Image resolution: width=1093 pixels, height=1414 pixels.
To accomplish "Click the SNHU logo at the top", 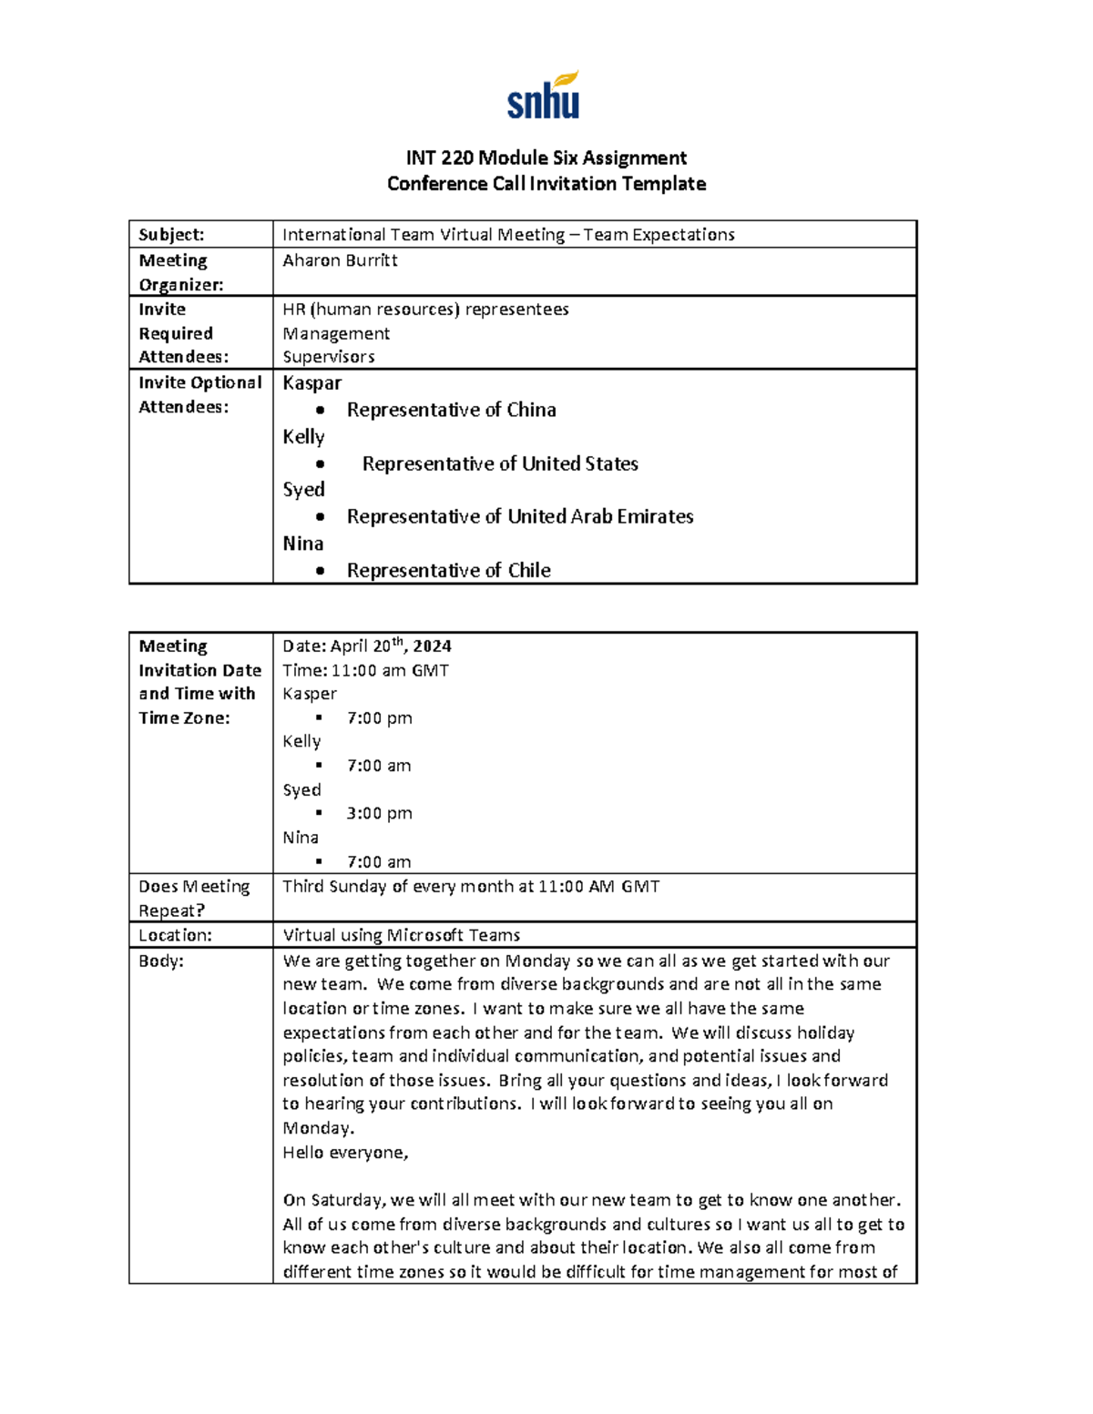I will (x=543, y=97).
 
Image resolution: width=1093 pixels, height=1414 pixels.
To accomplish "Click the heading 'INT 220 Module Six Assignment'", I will (x=546, y=158).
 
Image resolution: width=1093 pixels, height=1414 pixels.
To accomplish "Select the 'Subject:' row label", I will (x=171, y=235).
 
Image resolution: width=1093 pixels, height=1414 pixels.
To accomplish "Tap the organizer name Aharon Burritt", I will (x=340, y=260).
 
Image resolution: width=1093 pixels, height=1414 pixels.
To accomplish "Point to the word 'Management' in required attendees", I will (x=336, y=333).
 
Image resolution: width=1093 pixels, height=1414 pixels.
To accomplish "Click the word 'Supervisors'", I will (x=328, y=357).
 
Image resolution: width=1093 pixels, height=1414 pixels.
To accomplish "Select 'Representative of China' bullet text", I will (x=451, y=410).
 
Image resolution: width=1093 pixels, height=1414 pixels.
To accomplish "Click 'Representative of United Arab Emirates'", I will (x=519, y=516).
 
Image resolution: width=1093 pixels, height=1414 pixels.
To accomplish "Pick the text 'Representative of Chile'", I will (x=448, y=570).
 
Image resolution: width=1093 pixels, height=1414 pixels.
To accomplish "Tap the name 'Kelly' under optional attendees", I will (x=303, y=437).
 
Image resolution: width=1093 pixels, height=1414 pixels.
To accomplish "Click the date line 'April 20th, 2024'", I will (x=367, y=646).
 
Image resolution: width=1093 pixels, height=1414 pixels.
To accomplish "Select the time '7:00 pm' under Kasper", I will (x=379, y=717).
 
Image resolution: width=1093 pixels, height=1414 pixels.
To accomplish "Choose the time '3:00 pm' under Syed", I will (x=379, y=813).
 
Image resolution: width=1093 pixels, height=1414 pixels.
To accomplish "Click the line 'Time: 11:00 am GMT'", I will (x=365, y=670).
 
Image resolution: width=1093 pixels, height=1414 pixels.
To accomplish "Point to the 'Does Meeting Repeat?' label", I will (x=193, y=898).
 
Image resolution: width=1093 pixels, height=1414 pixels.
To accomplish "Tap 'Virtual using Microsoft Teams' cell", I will (x=401, y=935).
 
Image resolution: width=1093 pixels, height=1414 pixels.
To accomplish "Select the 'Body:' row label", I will (x=161, y=961).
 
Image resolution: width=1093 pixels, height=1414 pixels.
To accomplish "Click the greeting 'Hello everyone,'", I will (x=345, y=1152).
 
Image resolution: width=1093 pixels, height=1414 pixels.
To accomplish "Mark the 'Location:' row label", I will (x=175, y=935).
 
